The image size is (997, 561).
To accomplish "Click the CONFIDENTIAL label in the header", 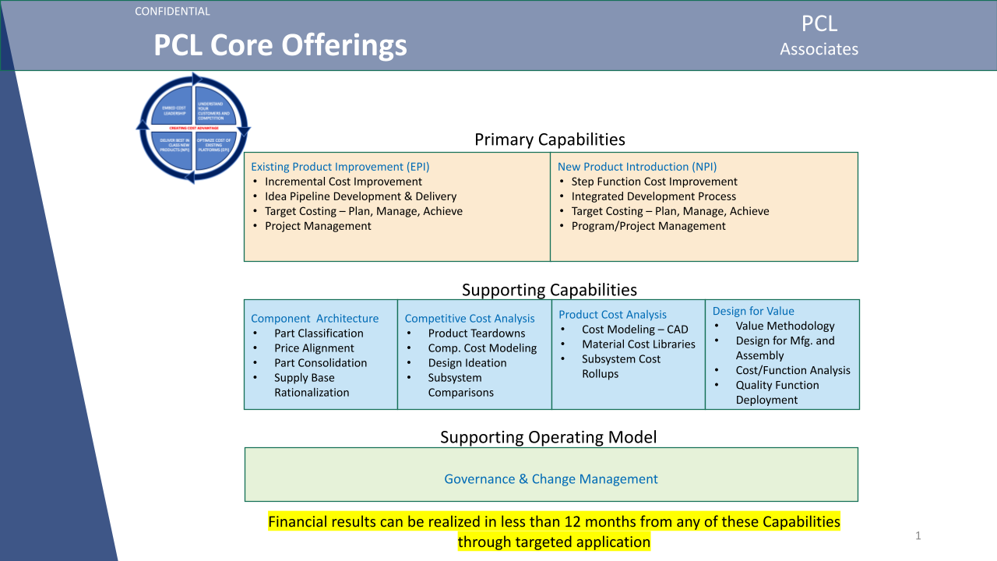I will tap(172, 12).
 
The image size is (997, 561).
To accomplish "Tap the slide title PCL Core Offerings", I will tap(280, 45).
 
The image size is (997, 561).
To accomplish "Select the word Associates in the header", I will tap(819, 49).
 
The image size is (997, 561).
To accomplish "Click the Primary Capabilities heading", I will tap(549, 140).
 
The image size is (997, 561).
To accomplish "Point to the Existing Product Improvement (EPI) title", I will tap(340, 167).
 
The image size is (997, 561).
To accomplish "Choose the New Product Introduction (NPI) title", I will tap(636, 167).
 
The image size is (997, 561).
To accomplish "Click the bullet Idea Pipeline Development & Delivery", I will tap(360, 196).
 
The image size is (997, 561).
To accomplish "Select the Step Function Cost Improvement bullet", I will tap(654, 182).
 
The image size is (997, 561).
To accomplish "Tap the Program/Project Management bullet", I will tap(648, 226).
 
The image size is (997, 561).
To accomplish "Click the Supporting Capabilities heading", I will tap(549, 290).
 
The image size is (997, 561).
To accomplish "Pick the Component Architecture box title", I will tap(315, 319).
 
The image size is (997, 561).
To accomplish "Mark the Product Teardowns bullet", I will tap(476, 333).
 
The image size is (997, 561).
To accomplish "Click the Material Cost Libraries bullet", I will tap(638, 344).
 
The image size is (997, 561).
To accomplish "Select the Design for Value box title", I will tap(753, 311).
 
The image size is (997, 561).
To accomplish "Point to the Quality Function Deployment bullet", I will tap(777, 392).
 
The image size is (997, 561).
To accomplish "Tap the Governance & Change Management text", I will tap(551, 479).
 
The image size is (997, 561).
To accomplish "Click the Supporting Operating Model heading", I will tap(548, 437).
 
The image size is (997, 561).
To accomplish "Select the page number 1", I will tap(918, 535).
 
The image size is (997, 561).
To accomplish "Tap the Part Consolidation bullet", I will tap(320, 363).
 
